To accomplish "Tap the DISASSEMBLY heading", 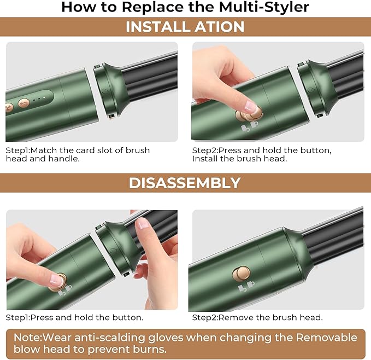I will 185,183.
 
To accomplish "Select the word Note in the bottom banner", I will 26,338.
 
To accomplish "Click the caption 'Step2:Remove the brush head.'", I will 257,317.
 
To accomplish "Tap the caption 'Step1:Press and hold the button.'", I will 74,317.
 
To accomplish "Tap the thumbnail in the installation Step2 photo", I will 251,106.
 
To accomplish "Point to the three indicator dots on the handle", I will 38,100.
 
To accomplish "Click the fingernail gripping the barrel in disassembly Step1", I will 143,223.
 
